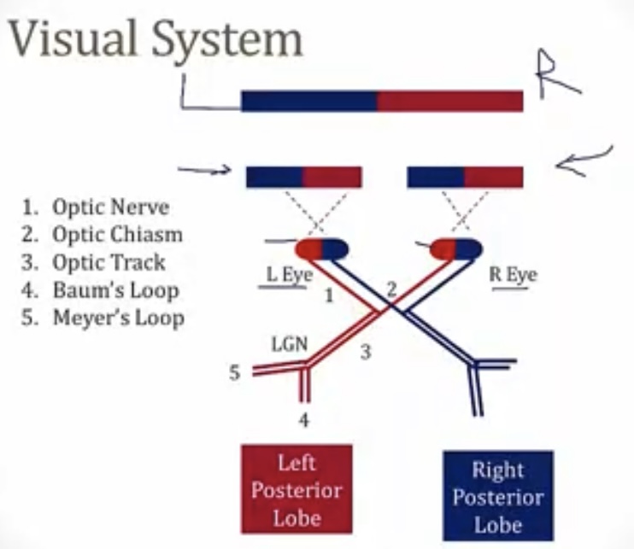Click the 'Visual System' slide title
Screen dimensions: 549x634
click(154, 40)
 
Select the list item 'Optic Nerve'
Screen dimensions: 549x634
click(110, 207)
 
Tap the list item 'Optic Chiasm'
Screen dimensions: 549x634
click(117, 234)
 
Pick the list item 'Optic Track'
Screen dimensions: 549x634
click(109, 261)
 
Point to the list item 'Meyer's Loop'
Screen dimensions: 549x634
click(118, 318)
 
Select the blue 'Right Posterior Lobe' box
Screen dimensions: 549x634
click(498, 495)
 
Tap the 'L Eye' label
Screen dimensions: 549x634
click(283, 275)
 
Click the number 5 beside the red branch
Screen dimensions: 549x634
click(235, 373)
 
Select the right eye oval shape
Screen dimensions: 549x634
click(455, 249)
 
